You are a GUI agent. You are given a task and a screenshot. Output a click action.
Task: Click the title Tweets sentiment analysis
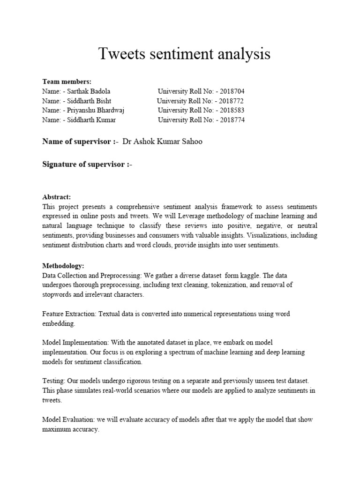(184, 54)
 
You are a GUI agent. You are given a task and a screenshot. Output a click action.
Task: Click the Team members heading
(67, 82)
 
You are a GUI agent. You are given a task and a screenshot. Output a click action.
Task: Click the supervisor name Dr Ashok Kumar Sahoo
(162, 142)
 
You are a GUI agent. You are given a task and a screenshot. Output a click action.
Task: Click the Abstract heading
(56, 197)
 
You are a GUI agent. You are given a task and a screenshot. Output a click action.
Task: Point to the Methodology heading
(63, 265)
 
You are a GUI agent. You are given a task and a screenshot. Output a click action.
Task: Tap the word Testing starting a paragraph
(52, 382)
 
